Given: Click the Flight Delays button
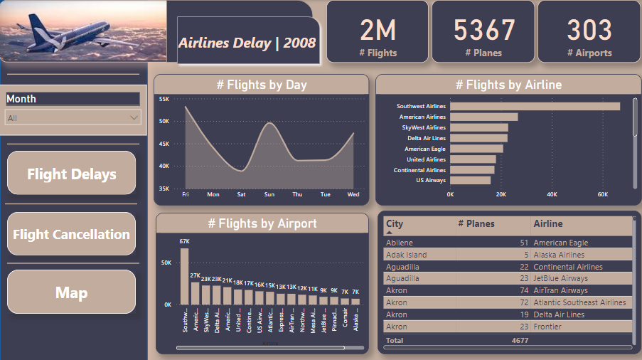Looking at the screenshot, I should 71,174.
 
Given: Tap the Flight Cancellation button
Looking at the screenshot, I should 71,234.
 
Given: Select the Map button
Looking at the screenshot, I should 71,292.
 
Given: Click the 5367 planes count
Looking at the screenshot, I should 483,31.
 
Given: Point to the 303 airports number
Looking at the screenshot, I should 589,31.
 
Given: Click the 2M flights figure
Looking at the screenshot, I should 378,31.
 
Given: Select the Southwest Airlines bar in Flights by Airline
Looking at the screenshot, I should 534,107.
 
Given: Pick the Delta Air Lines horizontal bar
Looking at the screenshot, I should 478,138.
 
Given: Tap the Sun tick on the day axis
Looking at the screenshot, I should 269,194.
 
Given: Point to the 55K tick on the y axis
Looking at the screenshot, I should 164,100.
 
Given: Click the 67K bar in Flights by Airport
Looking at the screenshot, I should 184,276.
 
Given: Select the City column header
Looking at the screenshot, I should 395,223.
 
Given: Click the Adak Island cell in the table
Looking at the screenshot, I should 406,255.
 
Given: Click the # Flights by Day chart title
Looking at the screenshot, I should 262,85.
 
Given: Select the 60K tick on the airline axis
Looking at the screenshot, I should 603,194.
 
